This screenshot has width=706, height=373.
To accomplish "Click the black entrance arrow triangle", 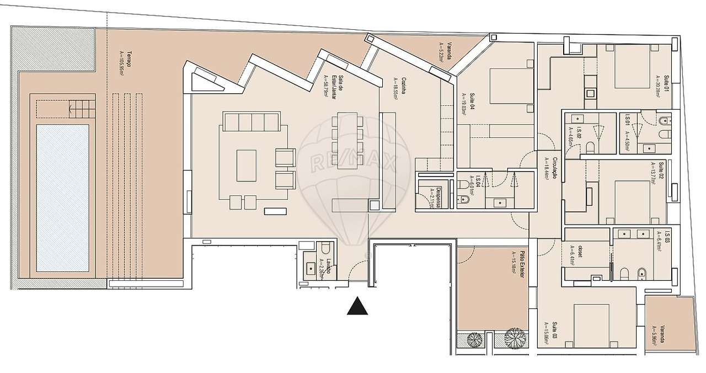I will pos(357,306).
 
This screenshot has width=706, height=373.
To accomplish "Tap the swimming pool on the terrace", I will pos(62,197).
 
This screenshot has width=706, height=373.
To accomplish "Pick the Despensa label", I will pos(435,197).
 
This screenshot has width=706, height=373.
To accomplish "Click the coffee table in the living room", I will pos(247,165).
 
